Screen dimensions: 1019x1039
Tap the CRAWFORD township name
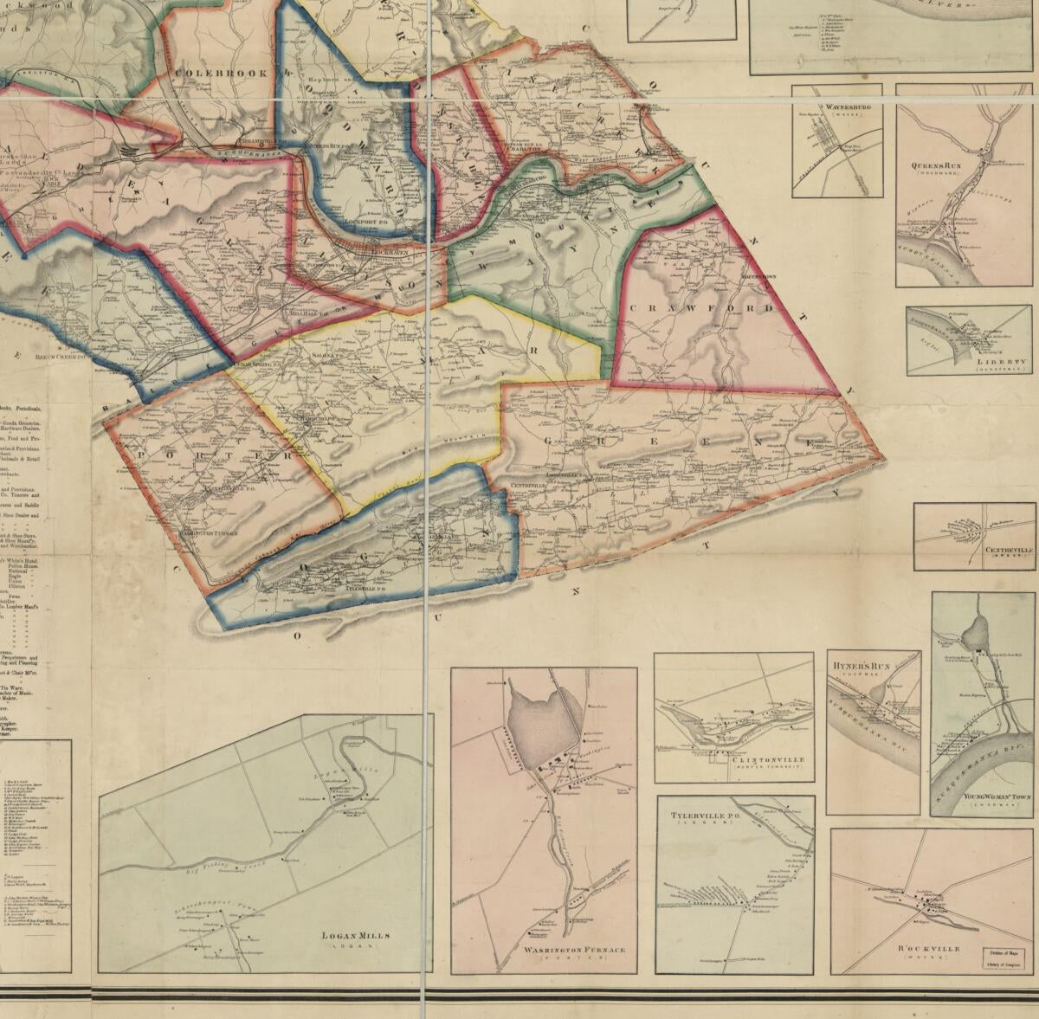[700, 308]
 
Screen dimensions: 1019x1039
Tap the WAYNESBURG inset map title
[836, 107]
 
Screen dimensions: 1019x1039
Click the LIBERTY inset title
[997, 363]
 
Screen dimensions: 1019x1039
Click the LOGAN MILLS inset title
[356, 935]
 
